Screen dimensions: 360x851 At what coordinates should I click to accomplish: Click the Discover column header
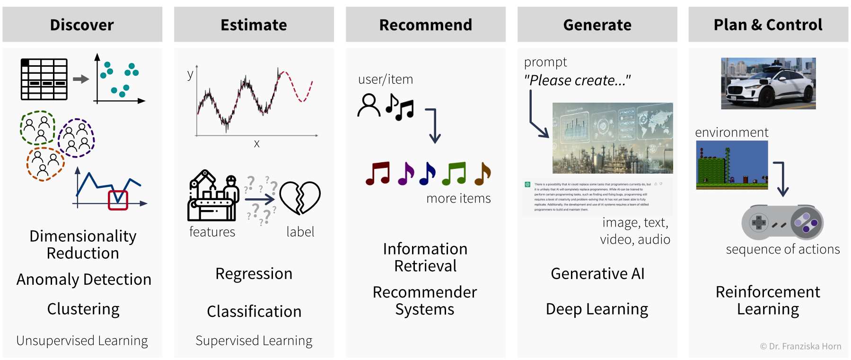[x=82, y=25]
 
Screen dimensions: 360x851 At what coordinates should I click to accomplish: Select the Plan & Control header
[x=768, y=25]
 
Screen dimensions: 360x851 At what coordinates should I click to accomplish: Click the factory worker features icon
[x=213, y=196]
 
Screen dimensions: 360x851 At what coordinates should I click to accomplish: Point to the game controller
[x=782, y=222]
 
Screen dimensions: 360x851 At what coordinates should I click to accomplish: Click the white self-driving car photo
[x=768, y=83]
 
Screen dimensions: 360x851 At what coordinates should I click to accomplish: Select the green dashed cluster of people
[x=38, y=128]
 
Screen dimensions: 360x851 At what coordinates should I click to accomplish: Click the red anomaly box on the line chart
[x=118, y=200]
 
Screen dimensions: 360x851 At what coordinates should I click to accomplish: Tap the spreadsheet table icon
[x=44, y=79]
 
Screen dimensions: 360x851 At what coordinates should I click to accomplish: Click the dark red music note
[x=378, y=174]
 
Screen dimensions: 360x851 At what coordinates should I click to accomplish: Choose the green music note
[x=454, y=174]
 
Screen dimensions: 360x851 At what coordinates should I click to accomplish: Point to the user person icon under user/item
[x=368, y=105]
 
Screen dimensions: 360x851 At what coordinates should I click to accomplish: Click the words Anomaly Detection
[x=84, y=280]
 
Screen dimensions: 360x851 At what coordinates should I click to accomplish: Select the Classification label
[x=254, y=311]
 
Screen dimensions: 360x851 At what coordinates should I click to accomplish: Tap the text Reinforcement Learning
[x=768, y=300]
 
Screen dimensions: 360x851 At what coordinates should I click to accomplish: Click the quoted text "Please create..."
[x=577, y=80]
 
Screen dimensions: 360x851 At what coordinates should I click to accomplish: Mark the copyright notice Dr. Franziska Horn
[x=800, y=346]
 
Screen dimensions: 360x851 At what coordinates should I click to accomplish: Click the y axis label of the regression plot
[x=190, y=74]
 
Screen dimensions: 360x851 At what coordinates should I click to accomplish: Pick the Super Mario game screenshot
[x=732, y=165]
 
